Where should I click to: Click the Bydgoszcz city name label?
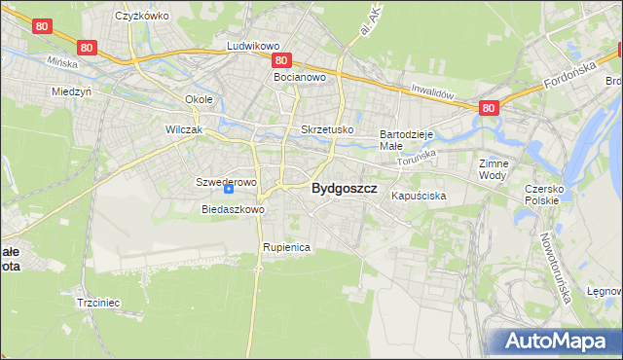click(x=344, y=191)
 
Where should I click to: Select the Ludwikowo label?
click(x=253, y=46)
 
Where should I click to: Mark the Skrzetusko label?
click(x=327, y=129)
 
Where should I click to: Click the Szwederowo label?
click(x=226, y=182)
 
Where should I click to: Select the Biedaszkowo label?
click(x=233, y=209)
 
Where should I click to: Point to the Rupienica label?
click(x=285, y=247)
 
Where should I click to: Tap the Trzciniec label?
click(x=97, y=303)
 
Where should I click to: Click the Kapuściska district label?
click(x=419, y=196)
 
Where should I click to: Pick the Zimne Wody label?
click(x=494, y=169)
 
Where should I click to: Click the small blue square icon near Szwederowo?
click(x=229, y=190)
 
